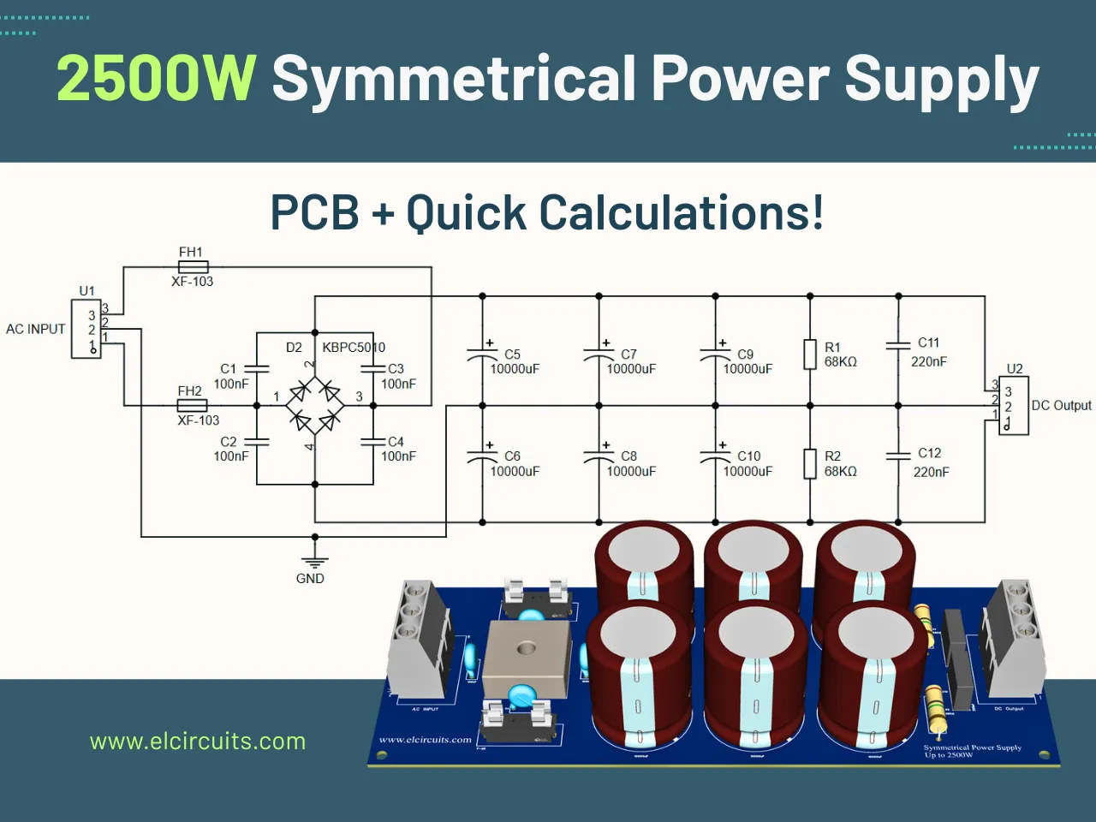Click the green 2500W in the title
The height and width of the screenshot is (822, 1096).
pyautogui.click(x=156, y=79)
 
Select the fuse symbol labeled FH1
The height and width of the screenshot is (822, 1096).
pyautogui.click(x=193, y=267)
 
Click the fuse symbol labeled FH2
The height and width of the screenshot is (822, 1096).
pyautogui.click(x=192, y=405)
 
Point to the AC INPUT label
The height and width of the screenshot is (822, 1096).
pyautogui.click(x=35, y=329)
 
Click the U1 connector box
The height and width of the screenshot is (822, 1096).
pyautogui.click(x=86, y=329)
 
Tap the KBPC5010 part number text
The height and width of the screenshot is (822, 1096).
pyautogui.click(x=354, y=348)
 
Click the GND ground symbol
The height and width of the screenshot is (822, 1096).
pyautogui.click(x=315, y=562)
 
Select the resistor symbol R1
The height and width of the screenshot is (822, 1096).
pyautogui.click(x=810, y=354)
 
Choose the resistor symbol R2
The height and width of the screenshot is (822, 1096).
pyautogui.click(x=810, y=463)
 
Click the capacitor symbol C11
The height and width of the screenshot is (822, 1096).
pyautogui.click(x=898, y=345)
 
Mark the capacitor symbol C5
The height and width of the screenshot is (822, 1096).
pyautogui.click(x=482, y=353)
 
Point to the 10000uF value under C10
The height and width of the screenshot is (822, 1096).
pyautogui.click(x=748, y=471)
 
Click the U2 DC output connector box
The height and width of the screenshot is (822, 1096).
pyautogui.click(x=1013, y=406)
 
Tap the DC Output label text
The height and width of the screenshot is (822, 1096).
pyautogui.click(x=1061, y=406)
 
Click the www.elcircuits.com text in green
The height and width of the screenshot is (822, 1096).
pyautogui.click(x=198, y=742)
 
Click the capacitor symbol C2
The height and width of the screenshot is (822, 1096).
pyautogui.click(x=257, y=442)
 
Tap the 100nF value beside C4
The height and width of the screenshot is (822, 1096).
pyautogui.click(x=398, y=456)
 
